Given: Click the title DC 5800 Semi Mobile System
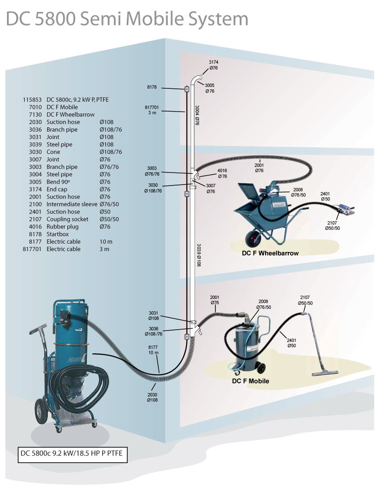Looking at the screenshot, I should coord(127,19).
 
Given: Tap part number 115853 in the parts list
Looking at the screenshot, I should coord(32,100).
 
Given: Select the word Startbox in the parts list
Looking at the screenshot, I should coord(58,234).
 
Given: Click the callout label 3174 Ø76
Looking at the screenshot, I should coord(214,65).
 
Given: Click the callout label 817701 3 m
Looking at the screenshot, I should coord(152,110).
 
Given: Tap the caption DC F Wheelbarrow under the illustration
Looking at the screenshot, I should coord(270,253).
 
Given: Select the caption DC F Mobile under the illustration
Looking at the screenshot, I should coord(250,381).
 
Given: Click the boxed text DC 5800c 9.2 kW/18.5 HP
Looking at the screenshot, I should coord(71,453).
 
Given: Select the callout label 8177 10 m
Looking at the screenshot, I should coord(153,350).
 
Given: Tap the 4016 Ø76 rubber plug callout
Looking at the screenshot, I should coord(222,173).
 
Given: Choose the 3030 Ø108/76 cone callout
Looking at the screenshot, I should coord(153,188).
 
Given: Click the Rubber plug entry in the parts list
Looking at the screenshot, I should coord(62,226).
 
